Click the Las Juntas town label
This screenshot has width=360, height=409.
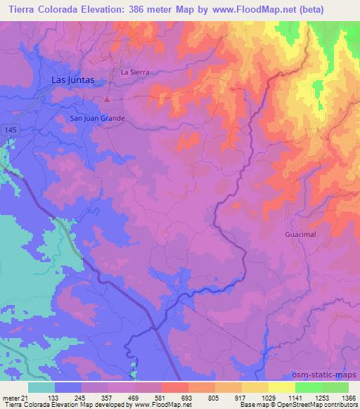pos(73,80)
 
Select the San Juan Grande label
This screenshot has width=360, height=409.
pos(97,118)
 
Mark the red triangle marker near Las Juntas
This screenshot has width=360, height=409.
pos(106,98)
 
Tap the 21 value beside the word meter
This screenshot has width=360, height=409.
pos(25,397)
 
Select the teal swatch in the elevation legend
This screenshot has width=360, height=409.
pos(41,387)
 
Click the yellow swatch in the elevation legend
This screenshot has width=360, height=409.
pos(255,387)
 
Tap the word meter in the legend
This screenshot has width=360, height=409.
pos(10,397)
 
